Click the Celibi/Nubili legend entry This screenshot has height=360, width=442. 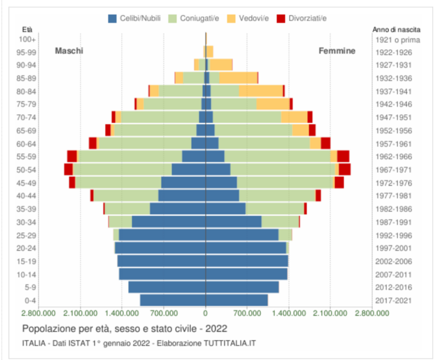click(134, 18)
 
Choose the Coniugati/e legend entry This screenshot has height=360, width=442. click(193, 18)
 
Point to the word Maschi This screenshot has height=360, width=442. click(69, 51)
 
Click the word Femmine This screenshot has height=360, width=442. click(337, 51)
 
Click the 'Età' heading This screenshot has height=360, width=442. click(27, 29)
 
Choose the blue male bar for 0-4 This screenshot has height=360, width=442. click(172, 300)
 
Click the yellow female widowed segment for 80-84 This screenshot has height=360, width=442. click(261, 91)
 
